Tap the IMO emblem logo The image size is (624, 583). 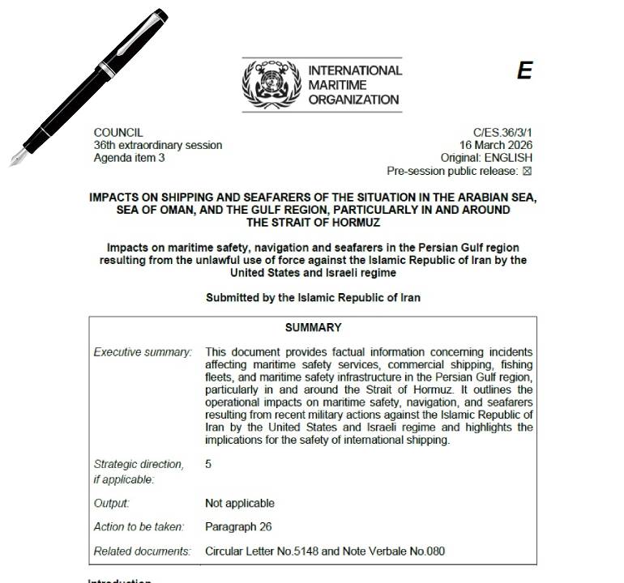point(271,84)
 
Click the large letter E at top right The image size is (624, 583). point(524,71)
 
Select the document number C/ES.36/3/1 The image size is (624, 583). point(502,132)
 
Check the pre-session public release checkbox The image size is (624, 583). point(528,171)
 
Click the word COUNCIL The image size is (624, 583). point(118,132)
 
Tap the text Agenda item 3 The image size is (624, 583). point(129,158)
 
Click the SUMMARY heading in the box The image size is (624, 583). point(313,328)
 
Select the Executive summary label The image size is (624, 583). point(143,352)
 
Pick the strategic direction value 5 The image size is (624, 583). point(208,464)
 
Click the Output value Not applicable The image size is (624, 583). point(240,503)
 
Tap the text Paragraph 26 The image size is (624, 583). point(238,527)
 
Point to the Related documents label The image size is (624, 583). point(143,551)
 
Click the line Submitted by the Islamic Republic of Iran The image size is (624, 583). point(313,297)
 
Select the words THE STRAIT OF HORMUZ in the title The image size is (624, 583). point(313,222)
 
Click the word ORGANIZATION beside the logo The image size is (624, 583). point(354,100)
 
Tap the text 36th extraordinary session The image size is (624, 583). point(158,145)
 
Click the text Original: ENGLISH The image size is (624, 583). point(486,158)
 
